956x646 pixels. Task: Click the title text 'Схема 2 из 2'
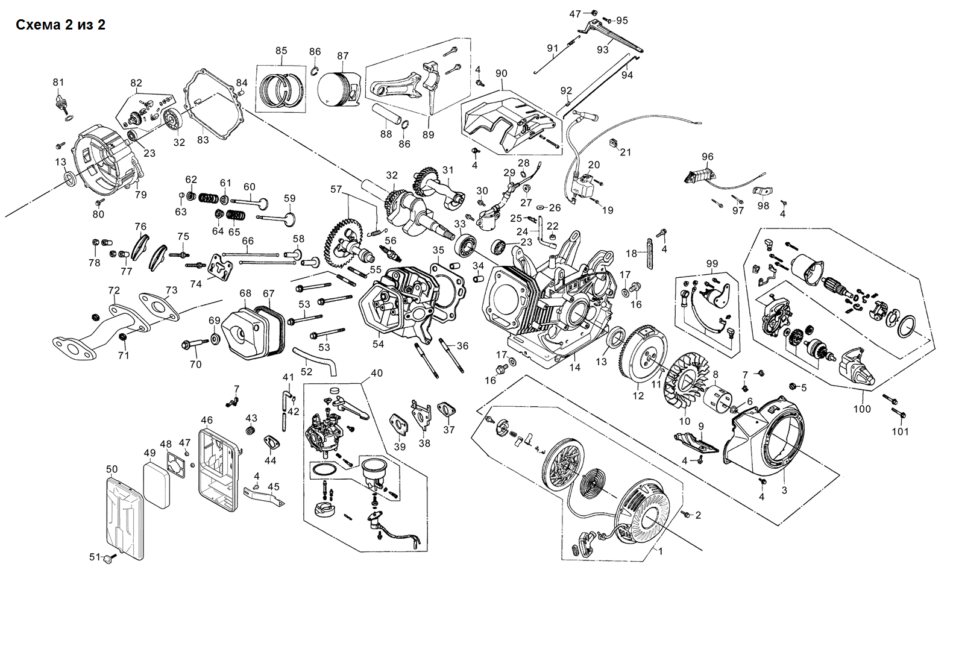60,25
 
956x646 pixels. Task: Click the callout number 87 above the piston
342,56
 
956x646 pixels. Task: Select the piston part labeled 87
338,90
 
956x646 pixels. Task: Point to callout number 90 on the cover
502,74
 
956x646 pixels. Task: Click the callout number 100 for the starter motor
862,409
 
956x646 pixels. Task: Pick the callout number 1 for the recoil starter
660,551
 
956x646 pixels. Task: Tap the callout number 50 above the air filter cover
112,469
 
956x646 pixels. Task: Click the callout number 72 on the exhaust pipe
114,290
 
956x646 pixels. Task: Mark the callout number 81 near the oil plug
58,82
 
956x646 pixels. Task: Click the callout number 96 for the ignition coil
707,157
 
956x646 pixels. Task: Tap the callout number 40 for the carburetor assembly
377,374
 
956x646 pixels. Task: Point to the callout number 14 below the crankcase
575,367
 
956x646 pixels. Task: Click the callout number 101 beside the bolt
900,431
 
